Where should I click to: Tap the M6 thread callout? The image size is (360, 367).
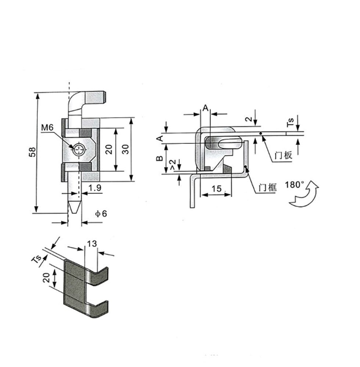[47, 128]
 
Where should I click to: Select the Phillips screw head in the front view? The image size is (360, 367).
[79, 149]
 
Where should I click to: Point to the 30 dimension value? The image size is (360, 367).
[125, 149]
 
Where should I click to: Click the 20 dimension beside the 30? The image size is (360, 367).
[109, 149]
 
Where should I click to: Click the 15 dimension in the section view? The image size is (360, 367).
[217, 189]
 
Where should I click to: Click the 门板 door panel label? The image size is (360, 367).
[283, 155]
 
